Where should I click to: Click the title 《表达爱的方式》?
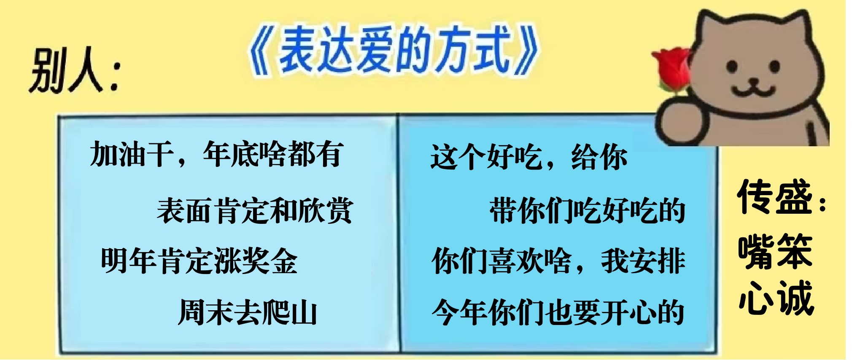[x=393, y=51]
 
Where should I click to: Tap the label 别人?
[x=75, y=70]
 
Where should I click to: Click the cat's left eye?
[x=732, y=66]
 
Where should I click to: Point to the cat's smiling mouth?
[x=753, y=88]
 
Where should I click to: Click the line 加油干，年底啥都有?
[x=216, y=154]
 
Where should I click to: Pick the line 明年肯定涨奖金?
[x=199, y=261]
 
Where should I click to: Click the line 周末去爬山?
[x=248, y=312]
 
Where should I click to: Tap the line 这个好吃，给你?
[x=529, y=157]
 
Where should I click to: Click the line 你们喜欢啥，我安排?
[x=558, y=261]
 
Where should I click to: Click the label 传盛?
[x=781, y=197]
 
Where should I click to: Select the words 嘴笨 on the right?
[x=775, y=251]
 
